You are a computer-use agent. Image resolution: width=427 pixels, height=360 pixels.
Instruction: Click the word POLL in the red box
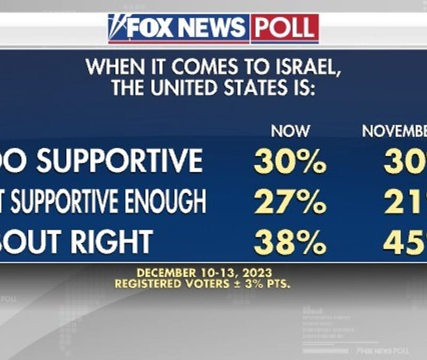[x=285, y=28]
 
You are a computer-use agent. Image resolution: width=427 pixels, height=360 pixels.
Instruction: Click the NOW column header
[x=290, y=131]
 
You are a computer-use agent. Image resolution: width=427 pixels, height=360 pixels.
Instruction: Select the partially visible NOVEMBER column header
[x=395, y=131]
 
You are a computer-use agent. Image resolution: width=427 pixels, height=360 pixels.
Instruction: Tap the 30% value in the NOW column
[x=290, y=162]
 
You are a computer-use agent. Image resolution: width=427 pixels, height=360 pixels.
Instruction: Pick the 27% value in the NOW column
[x=290, y=203]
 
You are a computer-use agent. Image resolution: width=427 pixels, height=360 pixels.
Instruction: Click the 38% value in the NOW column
[x=290, y=242]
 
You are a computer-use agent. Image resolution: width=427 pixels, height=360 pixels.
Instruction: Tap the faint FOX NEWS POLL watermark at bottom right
[x=383, y=351]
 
